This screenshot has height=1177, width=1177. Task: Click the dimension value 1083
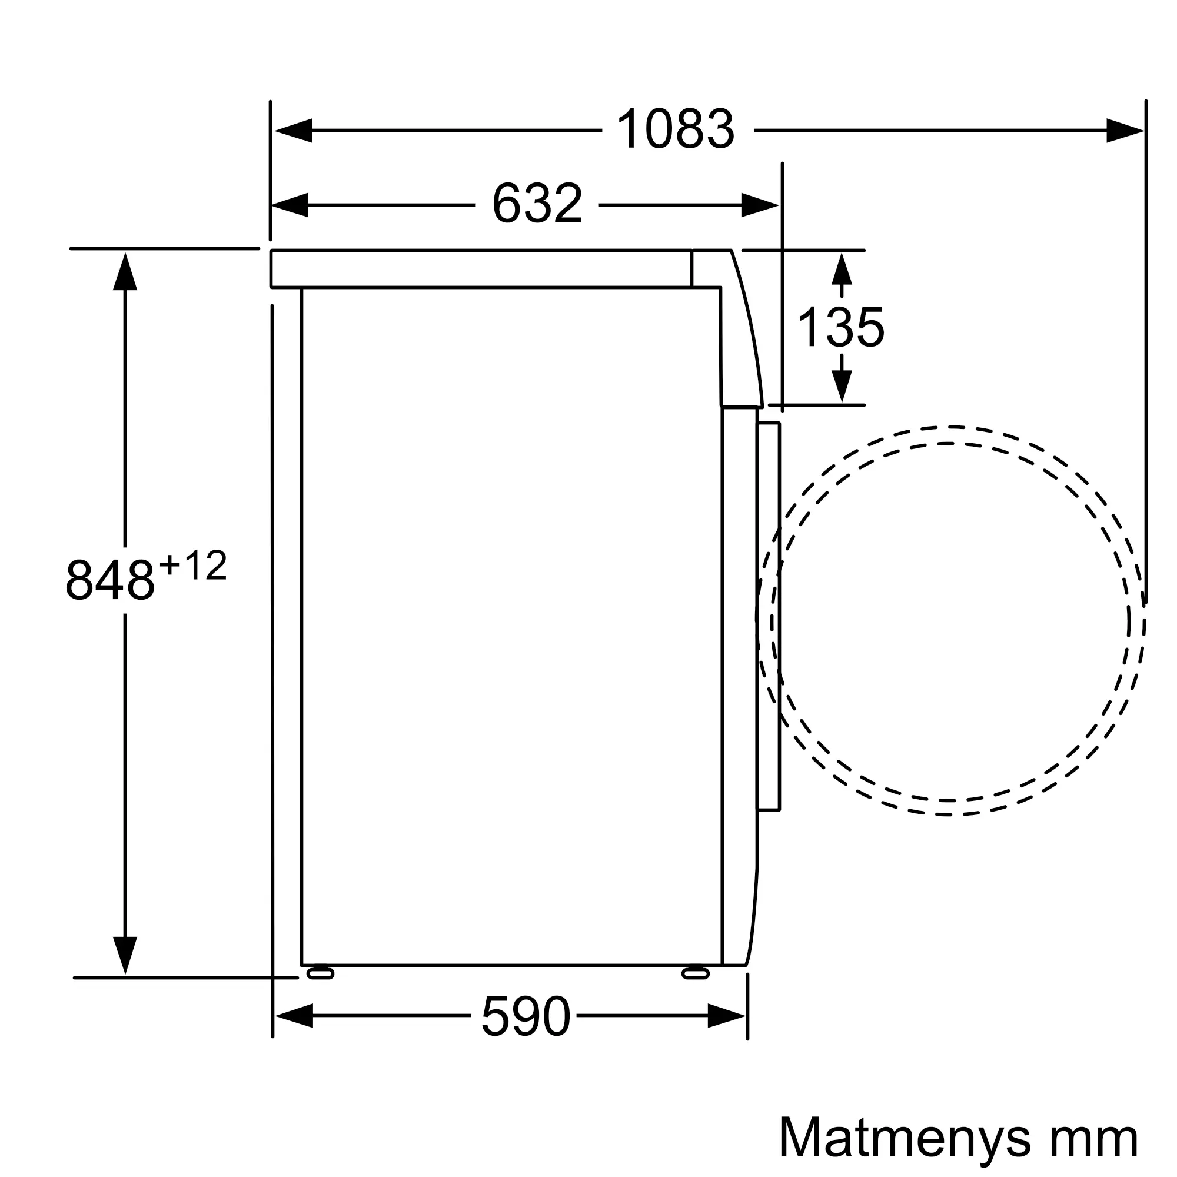click(676, 128)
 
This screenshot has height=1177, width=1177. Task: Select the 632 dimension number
click(537, 204)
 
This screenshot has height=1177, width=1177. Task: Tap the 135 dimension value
click(841, 327)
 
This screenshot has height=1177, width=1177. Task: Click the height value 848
click(109, 579)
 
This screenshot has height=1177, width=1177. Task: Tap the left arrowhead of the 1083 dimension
click(294, 131)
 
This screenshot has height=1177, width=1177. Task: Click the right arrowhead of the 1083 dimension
click(1125, 131)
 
